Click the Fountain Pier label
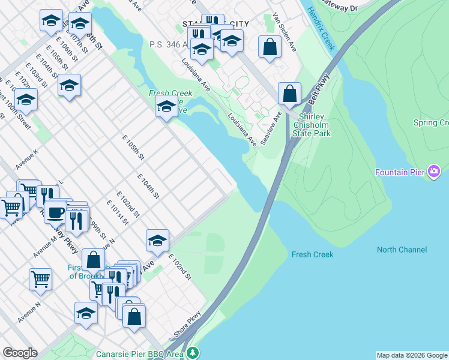400,172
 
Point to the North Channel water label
402,250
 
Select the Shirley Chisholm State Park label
311,125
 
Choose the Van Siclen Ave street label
284,32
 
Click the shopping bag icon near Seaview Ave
290,94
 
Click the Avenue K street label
28,158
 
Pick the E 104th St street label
148,187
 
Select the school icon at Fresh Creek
166,107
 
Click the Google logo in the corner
20,353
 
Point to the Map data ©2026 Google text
412,355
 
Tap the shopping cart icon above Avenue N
40,278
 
